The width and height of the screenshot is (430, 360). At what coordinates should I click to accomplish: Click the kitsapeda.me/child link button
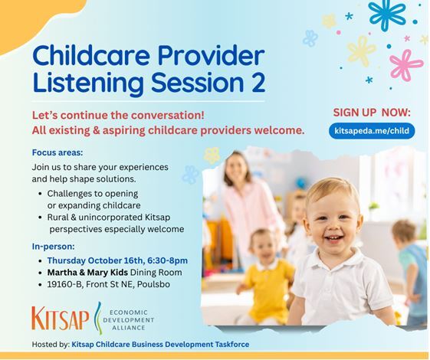(372, 131)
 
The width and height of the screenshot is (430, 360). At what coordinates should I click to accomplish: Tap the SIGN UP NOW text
(372, 112)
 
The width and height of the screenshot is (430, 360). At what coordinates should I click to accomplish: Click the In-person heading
(53, 247)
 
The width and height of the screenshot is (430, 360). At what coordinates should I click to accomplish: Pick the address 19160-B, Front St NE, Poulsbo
(115, 286)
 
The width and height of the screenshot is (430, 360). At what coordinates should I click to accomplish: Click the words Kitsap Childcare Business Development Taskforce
(160, 345)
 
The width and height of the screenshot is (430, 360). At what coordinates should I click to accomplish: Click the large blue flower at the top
(386, 13)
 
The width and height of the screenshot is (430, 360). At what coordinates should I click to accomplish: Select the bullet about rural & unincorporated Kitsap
(116, 222)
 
